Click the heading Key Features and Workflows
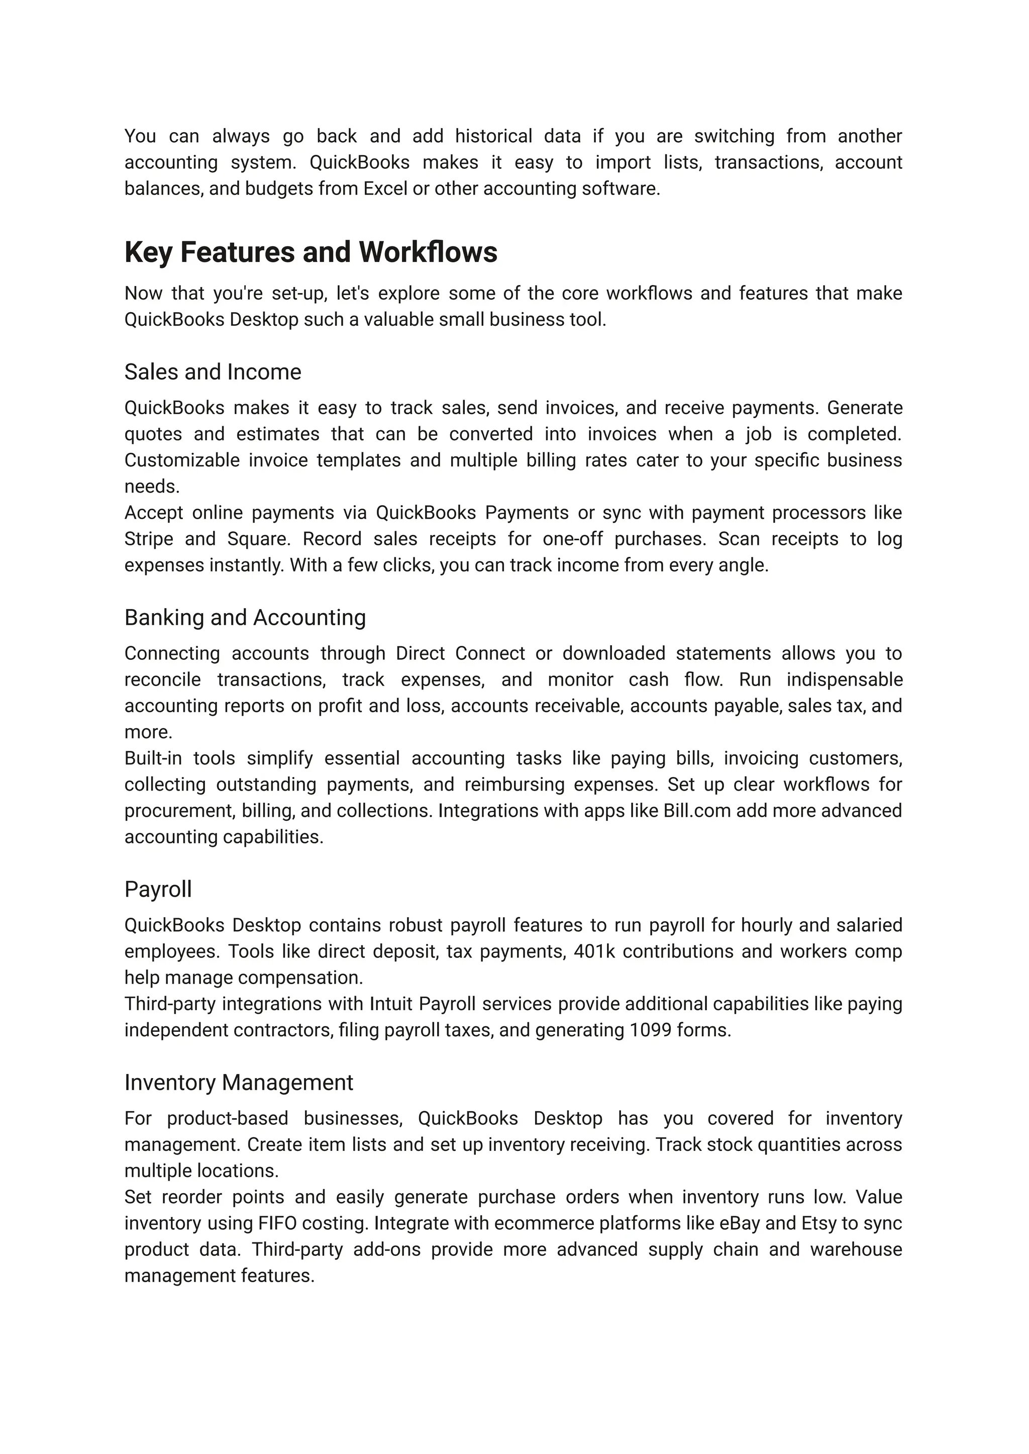coord(311,252)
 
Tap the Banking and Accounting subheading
coord(245,617)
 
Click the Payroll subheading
coord(158,889)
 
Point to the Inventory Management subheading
coord(238,1083)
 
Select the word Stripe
coord(148,539)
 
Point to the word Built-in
coord(153,758)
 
